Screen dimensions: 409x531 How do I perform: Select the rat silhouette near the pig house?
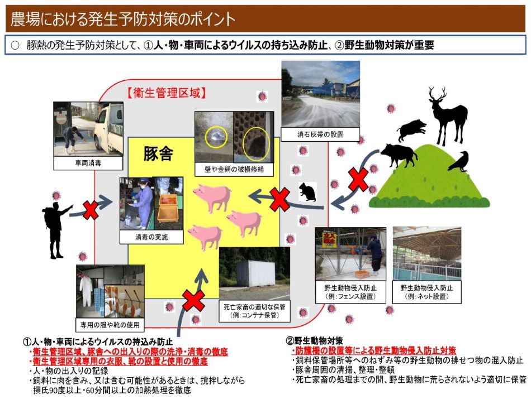[307, 192]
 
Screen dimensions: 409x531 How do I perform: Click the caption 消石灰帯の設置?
[320, 134]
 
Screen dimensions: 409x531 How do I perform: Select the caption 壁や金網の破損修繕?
[234, 168]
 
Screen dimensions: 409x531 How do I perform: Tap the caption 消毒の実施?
[151, 237]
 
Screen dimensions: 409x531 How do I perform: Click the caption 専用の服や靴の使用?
[110, 325]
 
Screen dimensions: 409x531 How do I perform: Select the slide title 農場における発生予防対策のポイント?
[123, 19]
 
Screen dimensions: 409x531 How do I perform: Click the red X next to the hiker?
[91, 210]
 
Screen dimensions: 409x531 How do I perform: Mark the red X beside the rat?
[279, 200]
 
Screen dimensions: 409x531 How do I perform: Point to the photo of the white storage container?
[254, 272]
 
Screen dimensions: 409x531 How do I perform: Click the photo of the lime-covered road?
[320, 95]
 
